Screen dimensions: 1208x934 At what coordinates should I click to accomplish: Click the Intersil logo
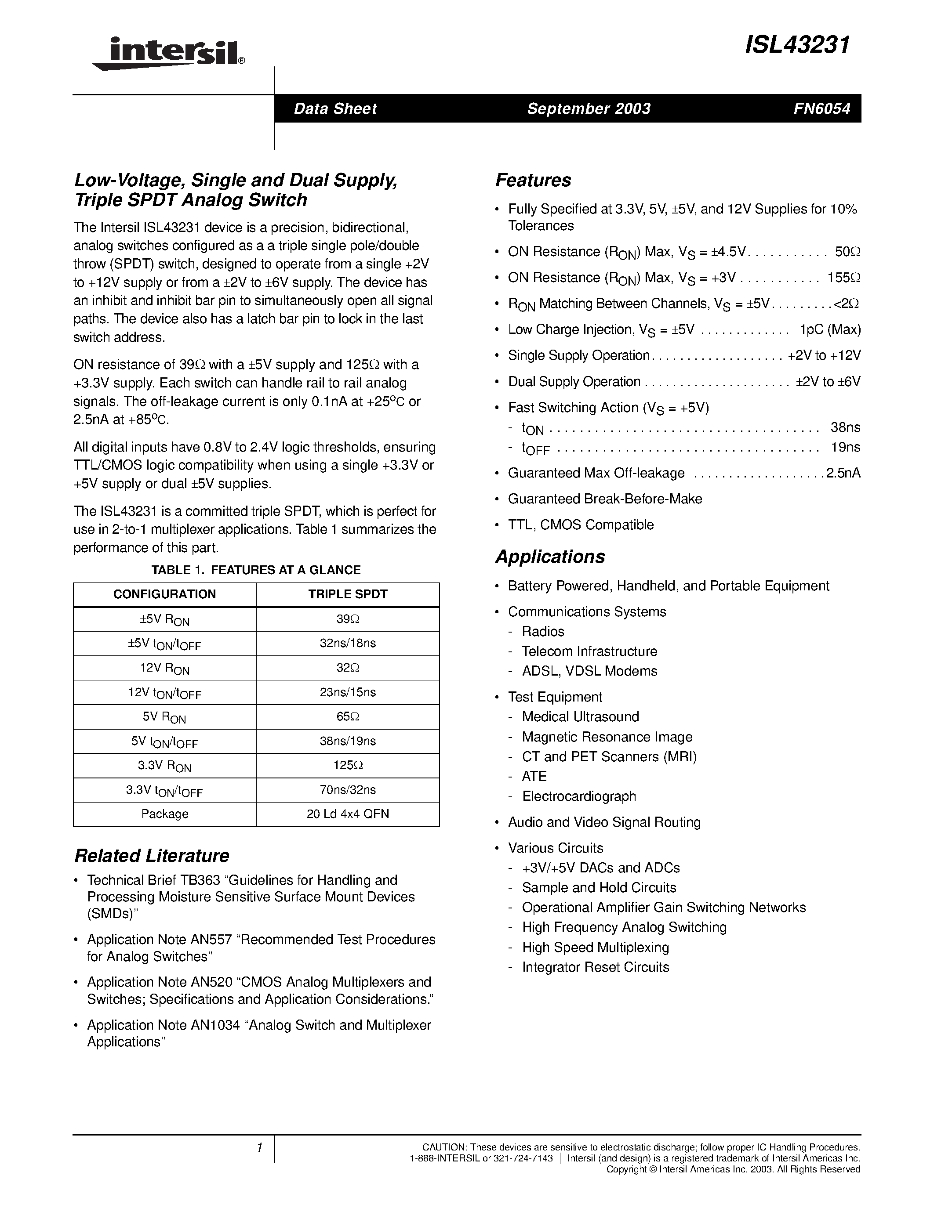[167, 54]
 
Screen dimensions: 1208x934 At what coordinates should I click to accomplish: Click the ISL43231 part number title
[797, 45]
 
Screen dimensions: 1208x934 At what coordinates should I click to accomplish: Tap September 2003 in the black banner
[588, 109]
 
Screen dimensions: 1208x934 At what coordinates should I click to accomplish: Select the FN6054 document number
[821, 109]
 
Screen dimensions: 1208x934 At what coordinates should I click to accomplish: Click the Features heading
[533, 180]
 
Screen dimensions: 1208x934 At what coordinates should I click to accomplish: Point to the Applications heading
[550, 557]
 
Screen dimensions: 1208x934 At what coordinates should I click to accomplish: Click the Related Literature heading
[152, 856]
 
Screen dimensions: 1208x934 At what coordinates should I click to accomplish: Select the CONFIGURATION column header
[164, 594]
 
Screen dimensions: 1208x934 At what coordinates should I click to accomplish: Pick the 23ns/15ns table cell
[348, 692]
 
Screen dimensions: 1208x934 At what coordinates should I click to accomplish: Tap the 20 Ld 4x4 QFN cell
[348, 814]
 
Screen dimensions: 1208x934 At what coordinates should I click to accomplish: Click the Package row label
[164, 814]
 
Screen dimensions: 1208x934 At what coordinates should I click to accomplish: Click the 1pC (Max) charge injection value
[830, 329]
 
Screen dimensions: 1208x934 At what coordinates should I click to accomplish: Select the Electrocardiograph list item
[579, 796]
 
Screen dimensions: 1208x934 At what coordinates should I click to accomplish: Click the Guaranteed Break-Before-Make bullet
[605, 499]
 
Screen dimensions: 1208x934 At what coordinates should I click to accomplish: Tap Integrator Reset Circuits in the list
[596, 967]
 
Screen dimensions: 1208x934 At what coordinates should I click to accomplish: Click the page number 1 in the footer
[259, 1148]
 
